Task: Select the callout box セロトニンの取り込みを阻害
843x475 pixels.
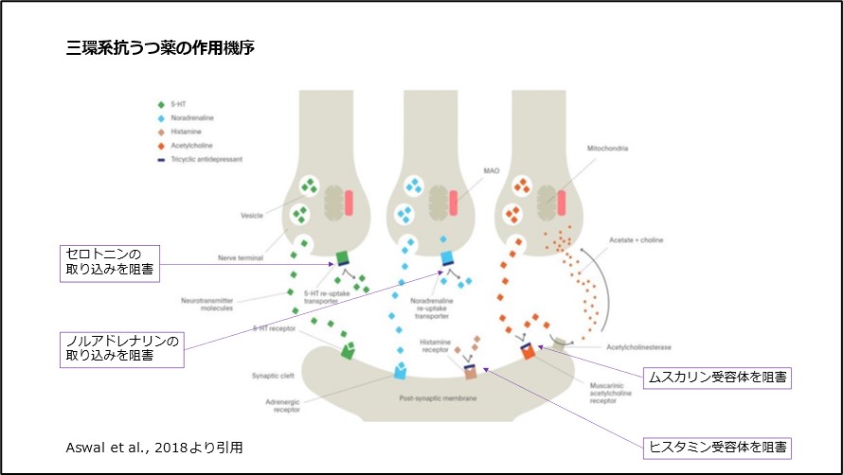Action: click(107, 262)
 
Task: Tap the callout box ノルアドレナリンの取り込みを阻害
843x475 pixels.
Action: click(119, 347)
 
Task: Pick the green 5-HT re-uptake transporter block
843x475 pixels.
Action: click(343, 256)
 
